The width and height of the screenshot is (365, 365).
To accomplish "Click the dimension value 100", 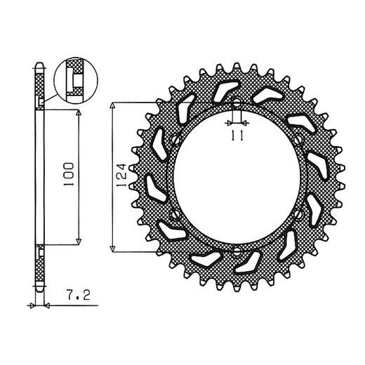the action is [69, 174].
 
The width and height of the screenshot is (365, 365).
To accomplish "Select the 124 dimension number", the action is [121, 175].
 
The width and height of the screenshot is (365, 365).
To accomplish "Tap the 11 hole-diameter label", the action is [237, 135].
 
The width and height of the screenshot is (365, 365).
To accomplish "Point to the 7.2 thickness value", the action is [78, 295].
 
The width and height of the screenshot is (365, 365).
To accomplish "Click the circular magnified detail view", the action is [76, 80].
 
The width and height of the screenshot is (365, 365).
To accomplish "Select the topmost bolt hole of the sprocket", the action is [237, 102].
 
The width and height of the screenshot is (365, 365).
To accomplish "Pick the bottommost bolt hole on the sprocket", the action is [237, 251].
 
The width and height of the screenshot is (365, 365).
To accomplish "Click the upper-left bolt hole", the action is [175, 140].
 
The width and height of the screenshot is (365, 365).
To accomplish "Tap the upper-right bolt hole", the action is [298, 140].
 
